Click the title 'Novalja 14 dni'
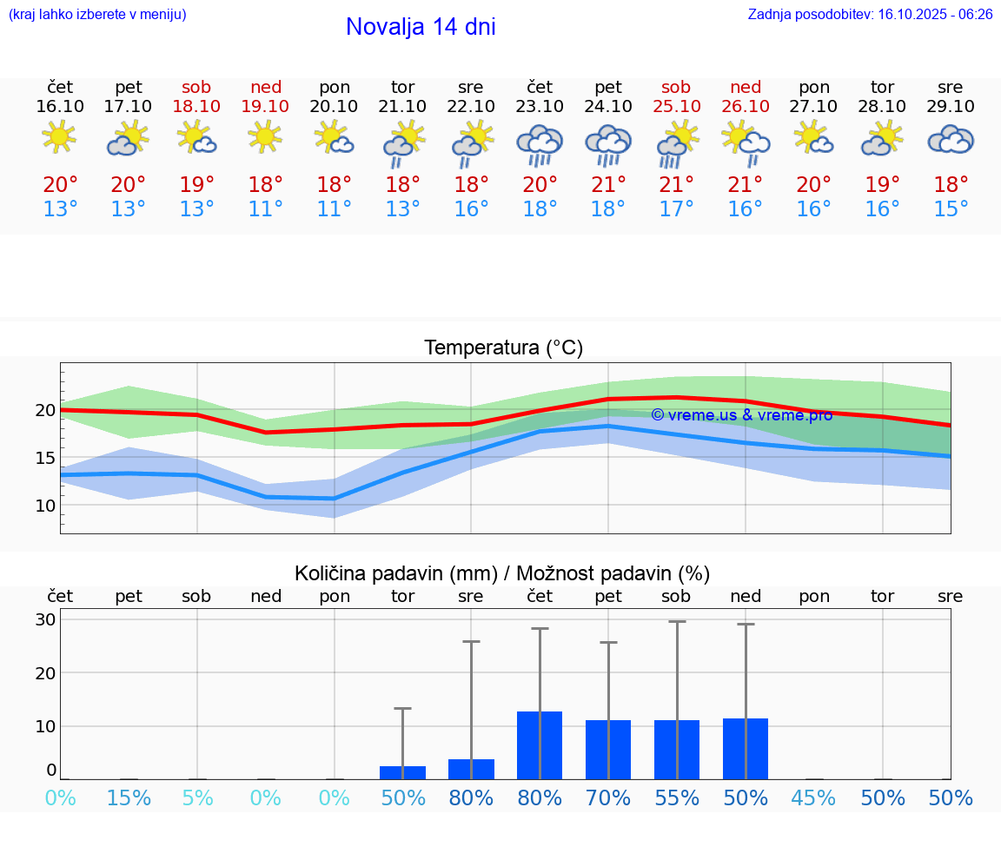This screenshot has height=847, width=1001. (421, 27)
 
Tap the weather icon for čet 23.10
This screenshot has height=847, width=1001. (540, 144)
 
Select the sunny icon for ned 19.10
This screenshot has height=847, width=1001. (265, 136)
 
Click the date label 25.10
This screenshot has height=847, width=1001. (676, 106)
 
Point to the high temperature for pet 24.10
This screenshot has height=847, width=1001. (608, 185)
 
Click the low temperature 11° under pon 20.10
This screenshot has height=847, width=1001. (334, 209)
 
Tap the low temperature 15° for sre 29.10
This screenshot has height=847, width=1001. (951, 209)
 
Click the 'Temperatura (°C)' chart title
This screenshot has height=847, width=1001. (503, 348)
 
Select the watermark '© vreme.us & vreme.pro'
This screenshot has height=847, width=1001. (741, 415)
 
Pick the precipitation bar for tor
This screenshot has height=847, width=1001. (402, 772)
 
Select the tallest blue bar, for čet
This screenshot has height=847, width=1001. (540, 745)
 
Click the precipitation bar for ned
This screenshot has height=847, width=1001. (746, 749)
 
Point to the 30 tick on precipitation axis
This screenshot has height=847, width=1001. (45, 620)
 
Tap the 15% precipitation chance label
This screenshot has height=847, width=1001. (129, 798)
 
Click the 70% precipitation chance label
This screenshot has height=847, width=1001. (608, 798)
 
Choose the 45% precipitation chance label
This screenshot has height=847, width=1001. (814, 798)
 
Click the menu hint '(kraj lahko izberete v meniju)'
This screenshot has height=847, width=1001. (97, 15)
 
